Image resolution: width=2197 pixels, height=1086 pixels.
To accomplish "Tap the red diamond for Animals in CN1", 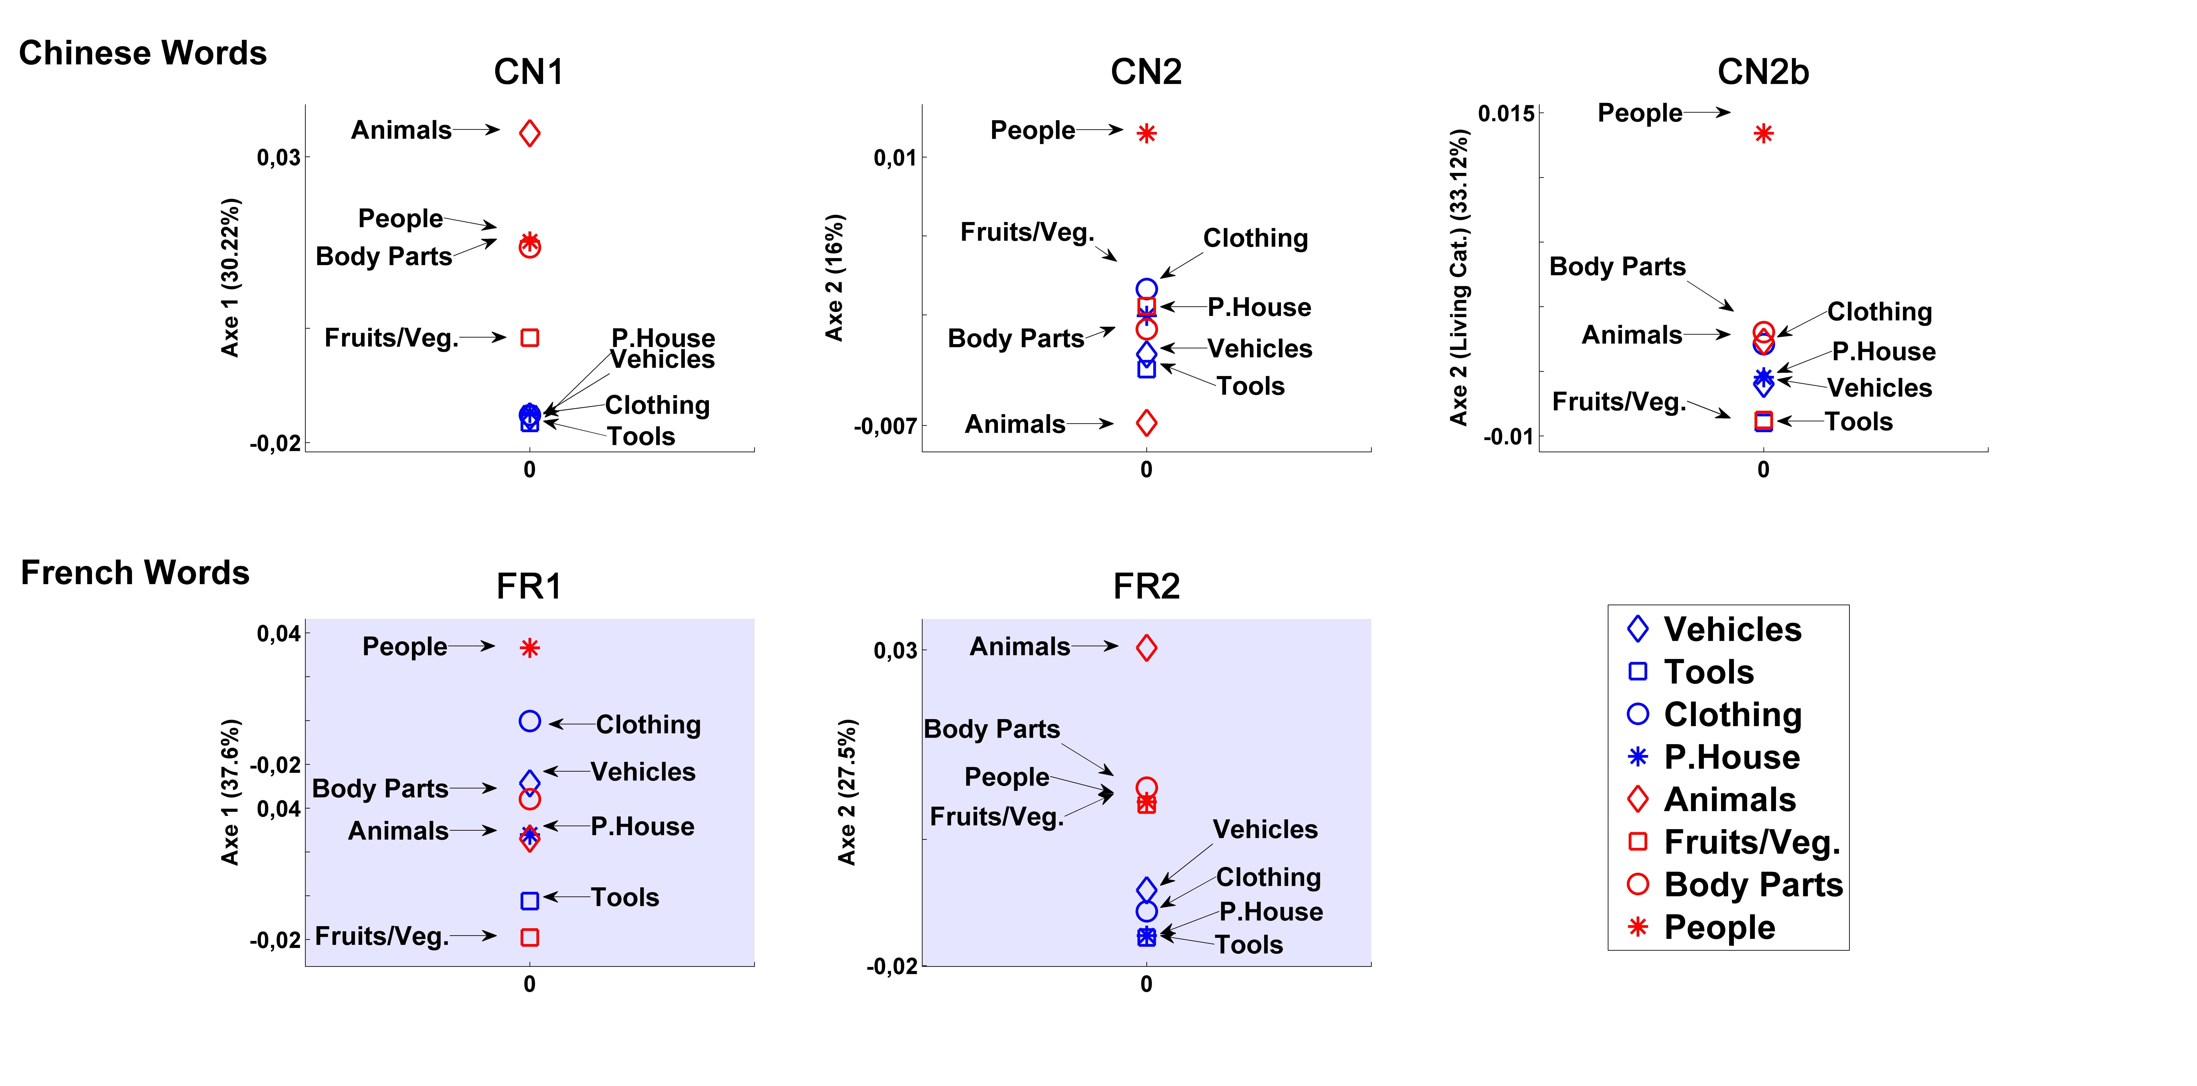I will [530, 133].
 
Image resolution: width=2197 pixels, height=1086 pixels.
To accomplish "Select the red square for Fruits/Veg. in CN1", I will [530, 338].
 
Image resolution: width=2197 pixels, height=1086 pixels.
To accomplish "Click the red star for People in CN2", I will [1146, 133].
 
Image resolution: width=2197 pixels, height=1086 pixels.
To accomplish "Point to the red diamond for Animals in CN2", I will [1146, 422].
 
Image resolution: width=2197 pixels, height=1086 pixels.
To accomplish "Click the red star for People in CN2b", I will [1763, 134].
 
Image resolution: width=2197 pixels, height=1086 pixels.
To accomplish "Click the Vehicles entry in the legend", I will [1731, 630].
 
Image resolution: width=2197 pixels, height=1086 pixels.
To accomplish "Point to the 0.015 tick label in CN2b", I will [1505, 114].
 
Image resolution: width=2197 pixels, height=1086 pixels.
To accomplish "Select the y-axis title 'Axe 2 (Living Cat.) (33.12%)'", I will [1459, 277].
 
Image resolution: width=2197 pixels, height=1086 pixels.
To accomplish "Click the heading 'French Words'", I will [135, 572].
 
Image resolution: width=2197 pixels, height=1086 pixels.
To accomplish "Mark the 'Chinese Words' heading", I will [142, 53].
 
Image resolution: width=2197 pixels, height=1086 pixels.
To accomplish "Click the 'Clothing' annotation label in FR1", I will [648, 724].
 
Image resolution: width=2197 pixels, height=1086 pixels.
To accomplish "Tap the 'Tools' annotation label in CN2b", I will [1858, 421].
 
